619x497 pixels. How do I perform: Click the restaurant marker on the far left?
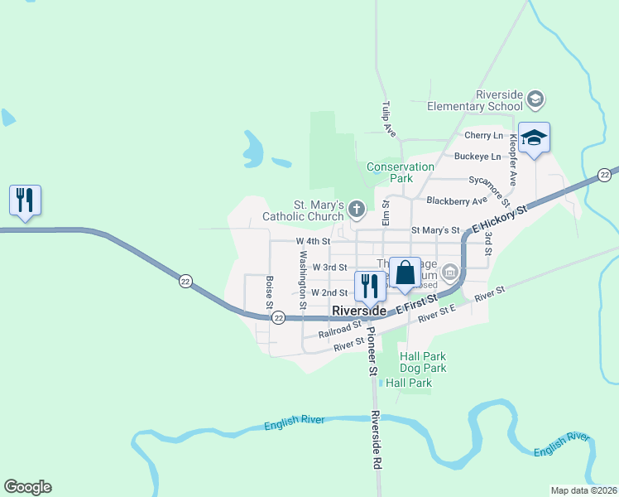pos(25,200)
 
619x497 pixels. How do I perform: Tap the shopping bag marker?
pos(405,273)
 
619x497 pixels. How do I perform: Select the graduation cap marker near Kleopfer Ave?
pos(535,138)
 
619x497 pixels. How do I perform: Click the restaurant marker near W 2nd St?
pos(368,286)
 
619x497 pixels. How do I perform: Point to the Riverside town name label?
pos(358,311)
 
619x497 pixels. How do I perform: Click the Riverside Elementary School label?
pos(476,100)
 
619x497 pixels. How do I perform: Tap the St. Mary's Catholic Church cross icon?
pos(356,209)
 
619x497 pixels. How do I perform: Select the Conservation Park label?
pos(401,172)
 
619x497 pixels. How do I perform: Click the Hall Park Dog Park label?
pos(422,362)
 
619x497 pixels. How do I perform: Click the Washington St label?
pos(303,280)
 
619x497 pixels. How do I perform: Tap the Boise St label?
pos(270,293)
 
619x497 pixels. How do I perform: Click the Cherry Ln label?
pos(483,135)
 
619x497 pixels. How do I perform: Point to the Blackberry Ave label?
pos(457,200)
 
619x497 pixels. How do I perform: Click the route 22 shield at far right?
pos(605,174)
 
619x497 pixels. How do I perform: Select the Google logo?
pos(27,487)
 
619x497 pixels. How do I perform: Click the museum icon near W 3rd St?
pos(449,271)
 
